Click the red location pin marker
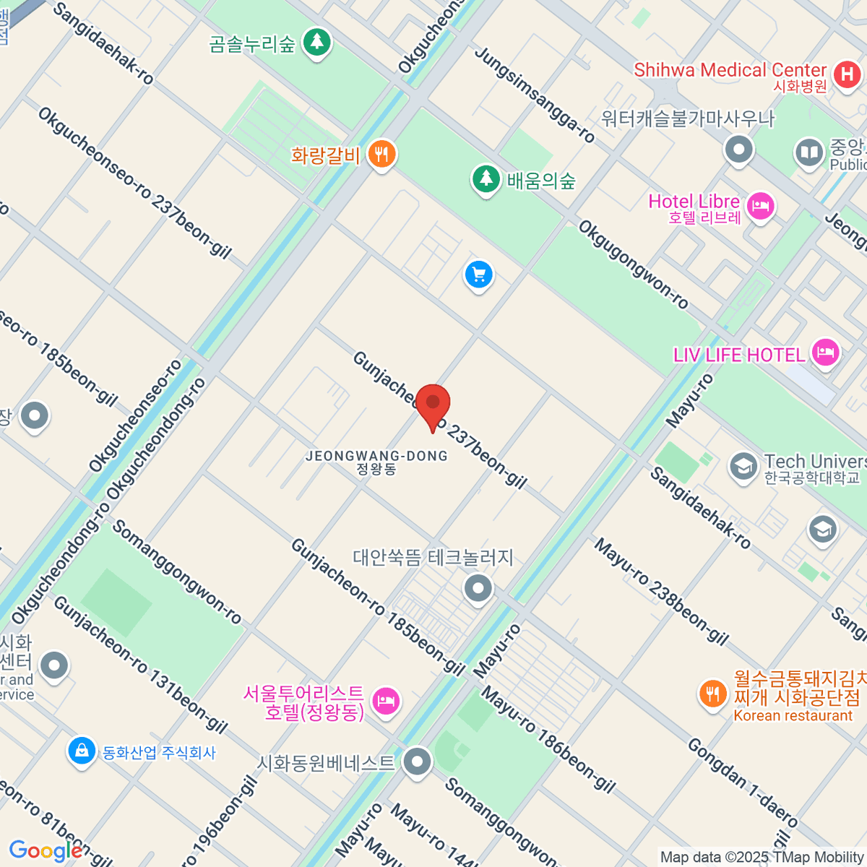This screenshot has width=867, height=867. tap(433, 405)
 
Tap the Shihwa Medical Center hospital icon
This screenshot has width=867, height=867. tap(847, 74)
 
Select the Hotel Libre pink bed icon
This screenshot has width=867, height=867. tap(760, 207)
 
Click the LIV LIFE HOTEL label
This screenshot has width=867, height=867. tap(738, 355)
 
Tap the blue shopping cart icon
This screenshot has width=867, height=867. tap(478, 275)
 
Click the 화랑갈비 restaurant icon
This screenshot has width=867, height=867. tap(381, 154)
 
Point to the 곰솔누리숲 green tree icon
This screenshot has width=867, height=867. tap(316, 42)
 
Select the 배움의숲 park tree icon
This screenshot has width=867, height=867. tap(486, 178)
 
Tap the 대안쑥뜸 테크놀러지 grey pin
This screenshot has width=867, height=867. tap(478, 587)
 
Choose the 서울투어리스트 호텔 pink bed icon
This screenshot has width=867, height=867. tap(386, 700)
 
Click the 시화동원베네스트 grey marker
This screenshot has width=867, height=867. tap(417, 762)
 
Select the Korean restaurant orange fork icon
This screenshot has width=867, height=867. tap(712, 694)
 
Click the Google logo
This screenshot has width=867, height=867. tap(45, 851)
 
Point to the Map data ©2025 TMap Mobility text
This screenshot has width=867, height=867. tap(762, 857)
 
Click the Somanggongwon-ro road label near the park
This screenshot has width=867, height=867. tap(176, 571)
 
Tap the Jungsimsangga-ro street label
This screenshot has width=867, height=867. tap(535, 95)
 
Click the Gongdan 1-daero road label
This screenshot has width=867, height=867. tap(743, 782)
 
